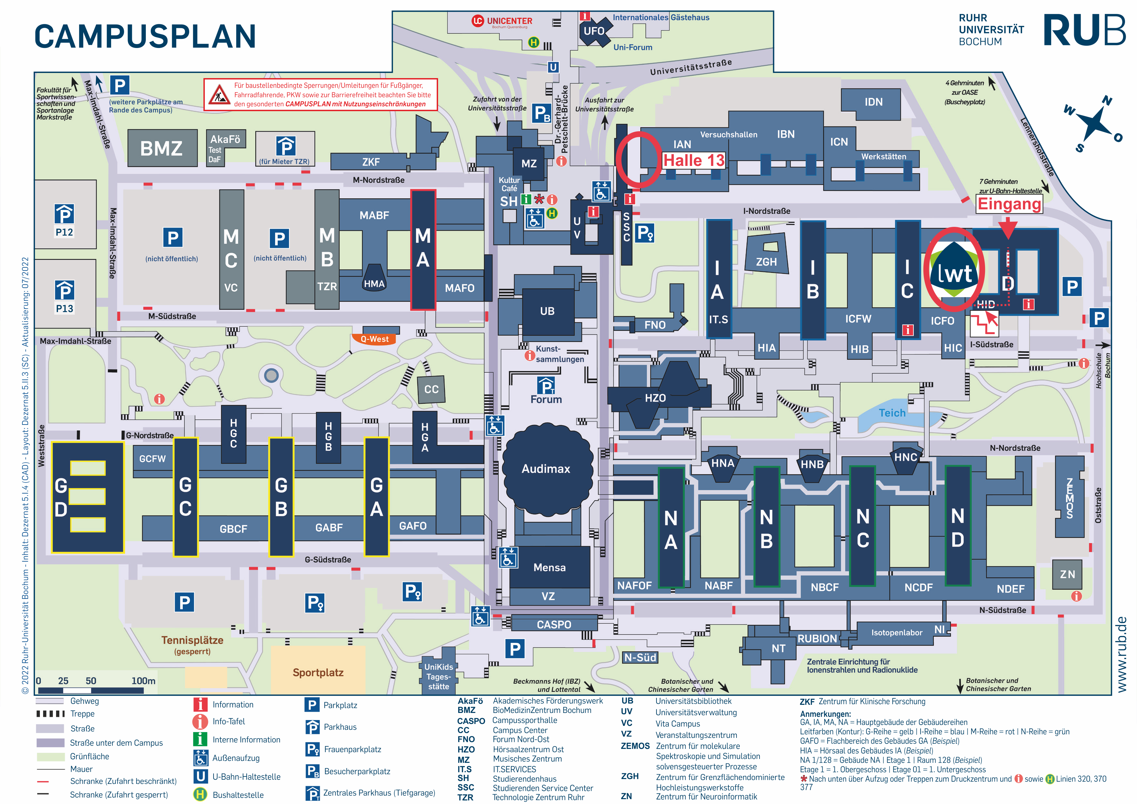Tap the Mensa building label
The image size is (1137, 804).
click(549, 568)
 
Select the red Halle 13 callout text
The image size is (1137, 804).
click(694, 160)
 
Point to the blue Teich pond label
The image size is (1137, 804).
click(892, 413)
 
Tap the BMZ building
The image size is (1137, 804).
click(162, 148)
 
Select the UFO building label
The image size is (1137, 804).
click(594, 31)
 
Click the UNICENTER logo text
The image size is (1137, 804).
click(502, 21)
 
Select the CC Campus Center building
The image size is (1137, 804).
click(431, 390)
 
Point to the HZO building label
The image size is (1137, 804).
click(655, 398)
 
